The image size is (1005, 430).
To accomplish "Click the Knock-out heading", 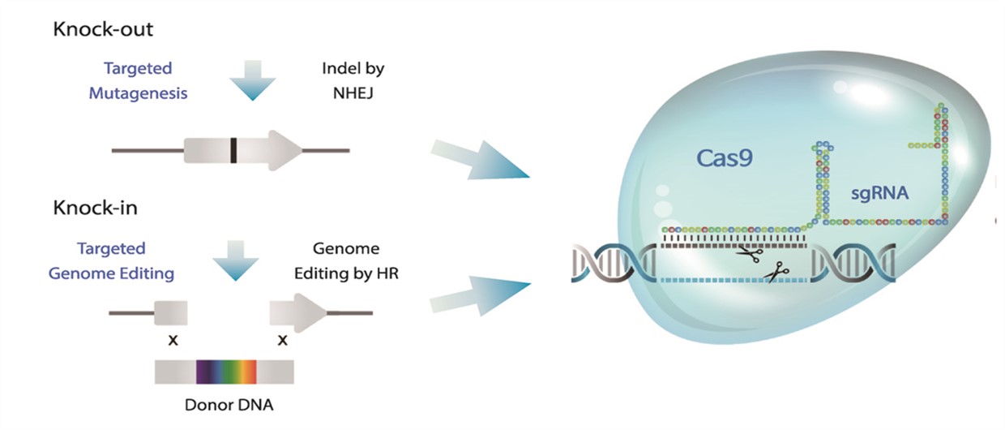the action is pyautogui.click(x=103, y=29).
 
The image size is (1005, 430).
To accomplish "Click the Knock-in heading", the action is pyautogui.click(x=95, y=208).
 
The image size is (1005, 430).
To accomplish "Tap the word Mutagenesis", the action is pyautogui.click(x=138, y=93).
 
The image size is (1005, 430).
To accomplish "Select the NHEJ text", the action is pyautogui.click(x=353, y=93).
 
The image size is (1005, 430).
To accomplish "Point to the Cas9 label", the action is pyautogui.click(x=724, y=158).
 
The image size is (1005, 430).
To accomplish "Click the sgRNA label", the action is pyautogui.click(x=879, y=193).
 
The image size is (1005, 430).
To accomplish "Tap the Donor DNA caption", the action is pyautogui.click(x=229, y=405).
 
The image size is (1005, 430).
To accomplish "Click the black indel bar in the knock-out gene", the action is pyautogui.click(x=233, y=151).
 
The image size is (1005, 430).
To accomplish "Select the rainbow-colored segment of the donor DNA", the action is pyautogui.click(x=226, y=372).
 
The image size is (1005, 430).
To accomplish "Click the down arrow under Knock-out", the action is pyautogui.click(x=253, y=81).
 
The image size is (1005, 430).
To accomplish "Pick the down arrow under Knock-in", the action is pyautogui.click(x=236, y=260).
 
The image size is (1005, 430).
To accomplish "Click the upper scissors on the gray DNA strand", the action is pyautogui.click(x=750, y=254).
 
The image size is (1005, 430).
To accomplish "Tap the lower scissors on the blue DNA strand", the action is pyautogui.click(x=776, y=273).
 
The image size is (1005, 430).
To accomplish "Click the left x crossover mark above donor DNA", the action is pyautogui.click(x=173, y=340).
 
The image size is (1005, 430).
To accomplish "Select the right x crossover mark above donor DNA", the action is pyautogui.click(x=283, y=340).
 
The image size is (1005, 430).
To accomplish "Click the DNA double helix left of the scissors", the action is pyautogui.click(x=614, y=263).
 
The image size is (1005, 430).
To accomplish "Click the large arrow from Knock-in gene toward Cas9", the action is pyautogui.click(x=480, y=295).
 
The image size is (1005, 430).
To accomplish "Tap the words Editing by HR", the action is pyautogui.click(x=346, y=273).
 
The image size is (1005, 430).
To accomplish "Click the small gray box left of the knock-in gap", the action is pyautogui.click(x=171, y=312).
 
